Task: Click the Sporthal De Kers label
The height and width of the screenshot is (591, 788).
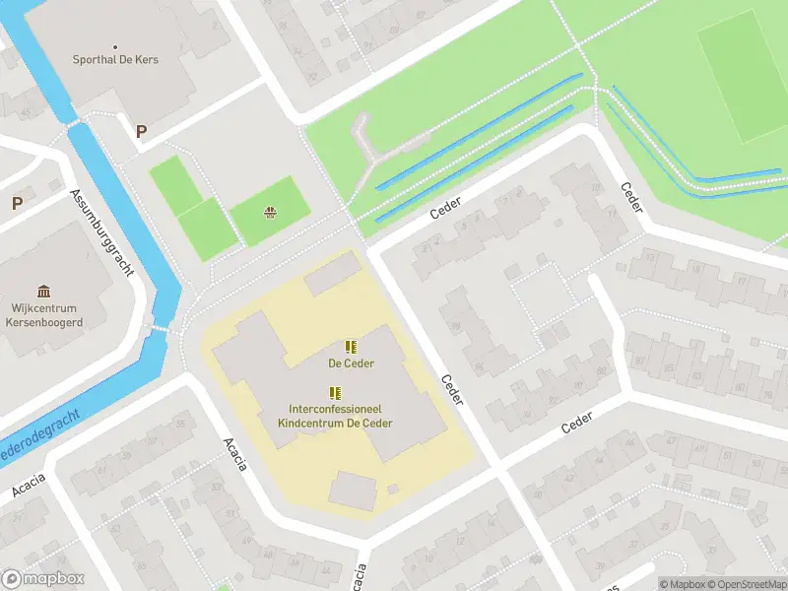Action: click(115, 59)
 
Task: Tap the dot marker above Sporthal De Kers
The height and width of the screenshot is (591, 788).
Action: click(115, 46)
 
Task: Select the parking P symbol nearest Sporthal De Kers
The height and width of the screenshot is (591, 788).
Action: click(141, 130)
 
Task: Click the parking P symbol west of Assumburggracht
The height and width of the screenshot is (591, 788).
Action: click(17, 204)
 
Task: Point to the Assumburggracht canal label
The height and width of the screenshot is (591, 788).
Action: click(101, 233)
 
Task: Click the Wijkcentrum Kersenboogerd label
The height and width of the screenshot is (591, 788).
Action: click(43, 313)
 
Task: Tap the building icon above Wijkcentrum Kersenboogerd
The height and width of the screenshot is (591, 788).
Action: click(43, 291)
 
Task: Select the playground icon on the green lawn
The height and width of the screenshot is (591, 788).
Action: click(270, 212)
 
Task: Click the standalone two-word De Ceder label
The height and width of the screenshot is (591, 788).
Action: click(350, 362)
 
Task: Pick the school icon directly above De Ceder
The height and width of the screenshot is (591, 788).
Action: click(350, 347)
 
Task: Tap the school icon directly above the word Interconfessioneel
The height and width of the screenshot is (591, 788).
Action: click(335, 392)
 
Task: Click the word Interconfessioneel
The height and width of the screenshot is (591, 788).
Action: click(335, 409)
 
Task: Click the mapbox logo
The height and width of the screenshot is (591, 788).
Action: click(43, 579)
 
